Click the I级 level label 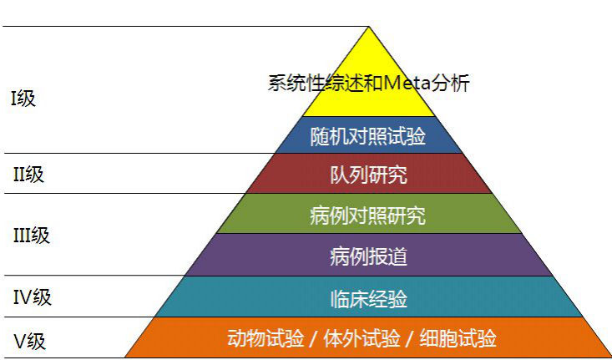tap(23, 99)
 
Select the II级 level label tap(28, 175)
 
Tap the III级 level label tap(32, 236)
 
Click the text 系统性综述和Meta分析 tap(369, 84)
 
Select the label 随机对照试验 tap(368, 136)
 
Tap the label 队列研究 tap(369, 175)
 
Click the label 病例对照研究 tap(368, 215)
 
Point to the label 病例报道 tap(368, 256)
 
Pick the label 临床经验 tap(368, 297)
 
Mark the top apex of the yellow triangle tap(368, 28)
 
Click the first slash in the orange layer tap(311, 339)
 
